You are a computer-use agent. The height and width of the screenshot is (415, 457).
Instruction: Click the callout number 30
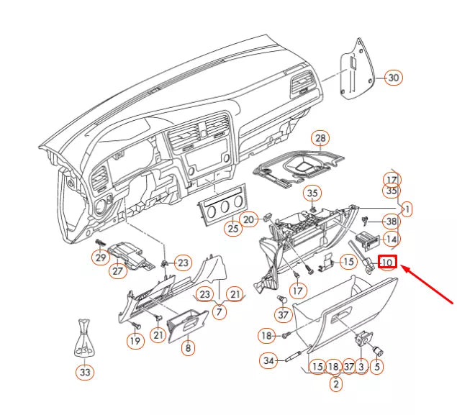point(392,78)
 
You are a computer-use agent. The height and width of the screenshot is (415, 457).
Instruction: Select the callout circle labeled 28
point(320,138)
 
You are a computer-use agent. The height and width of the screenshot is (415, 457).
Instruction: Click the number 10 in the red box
point(387,263)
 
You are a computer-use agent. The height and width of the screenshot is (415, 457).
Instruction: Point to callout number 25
point(232,229)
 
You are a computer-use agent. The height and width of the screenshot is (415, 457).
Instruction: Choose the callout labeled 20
point(248,219)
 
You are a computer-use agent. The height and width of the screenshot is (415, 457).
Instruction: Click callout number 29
point(100,257)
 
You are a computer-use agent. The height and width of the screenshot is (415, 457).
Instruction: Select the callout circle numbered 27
point(118,271)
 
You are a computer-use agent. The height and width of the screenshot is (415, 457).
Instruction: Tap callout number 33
point(85,372)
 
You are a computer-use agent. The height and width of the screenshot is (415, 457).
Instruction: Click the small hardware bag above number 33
point(84,337)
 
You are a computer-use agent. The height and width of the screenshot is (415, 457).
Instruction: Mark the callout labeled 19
point(135,342)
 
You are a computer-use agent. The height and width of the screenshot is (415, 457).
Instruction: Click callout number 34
point(269,360)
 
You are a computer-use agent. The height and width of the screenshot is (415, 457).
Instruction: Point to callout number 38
point(391,222)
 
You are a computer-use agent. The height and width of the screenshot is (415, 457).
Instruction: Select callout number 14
point(391,239)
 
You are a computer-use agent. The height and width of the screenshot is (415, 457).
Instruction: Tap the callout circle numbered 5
point(377,367)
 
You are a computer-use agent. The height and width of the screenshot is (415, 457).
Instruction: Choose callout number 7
point(220,312)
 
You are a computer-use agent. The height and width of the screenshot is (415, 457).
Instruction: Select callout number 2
point(335,383)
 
